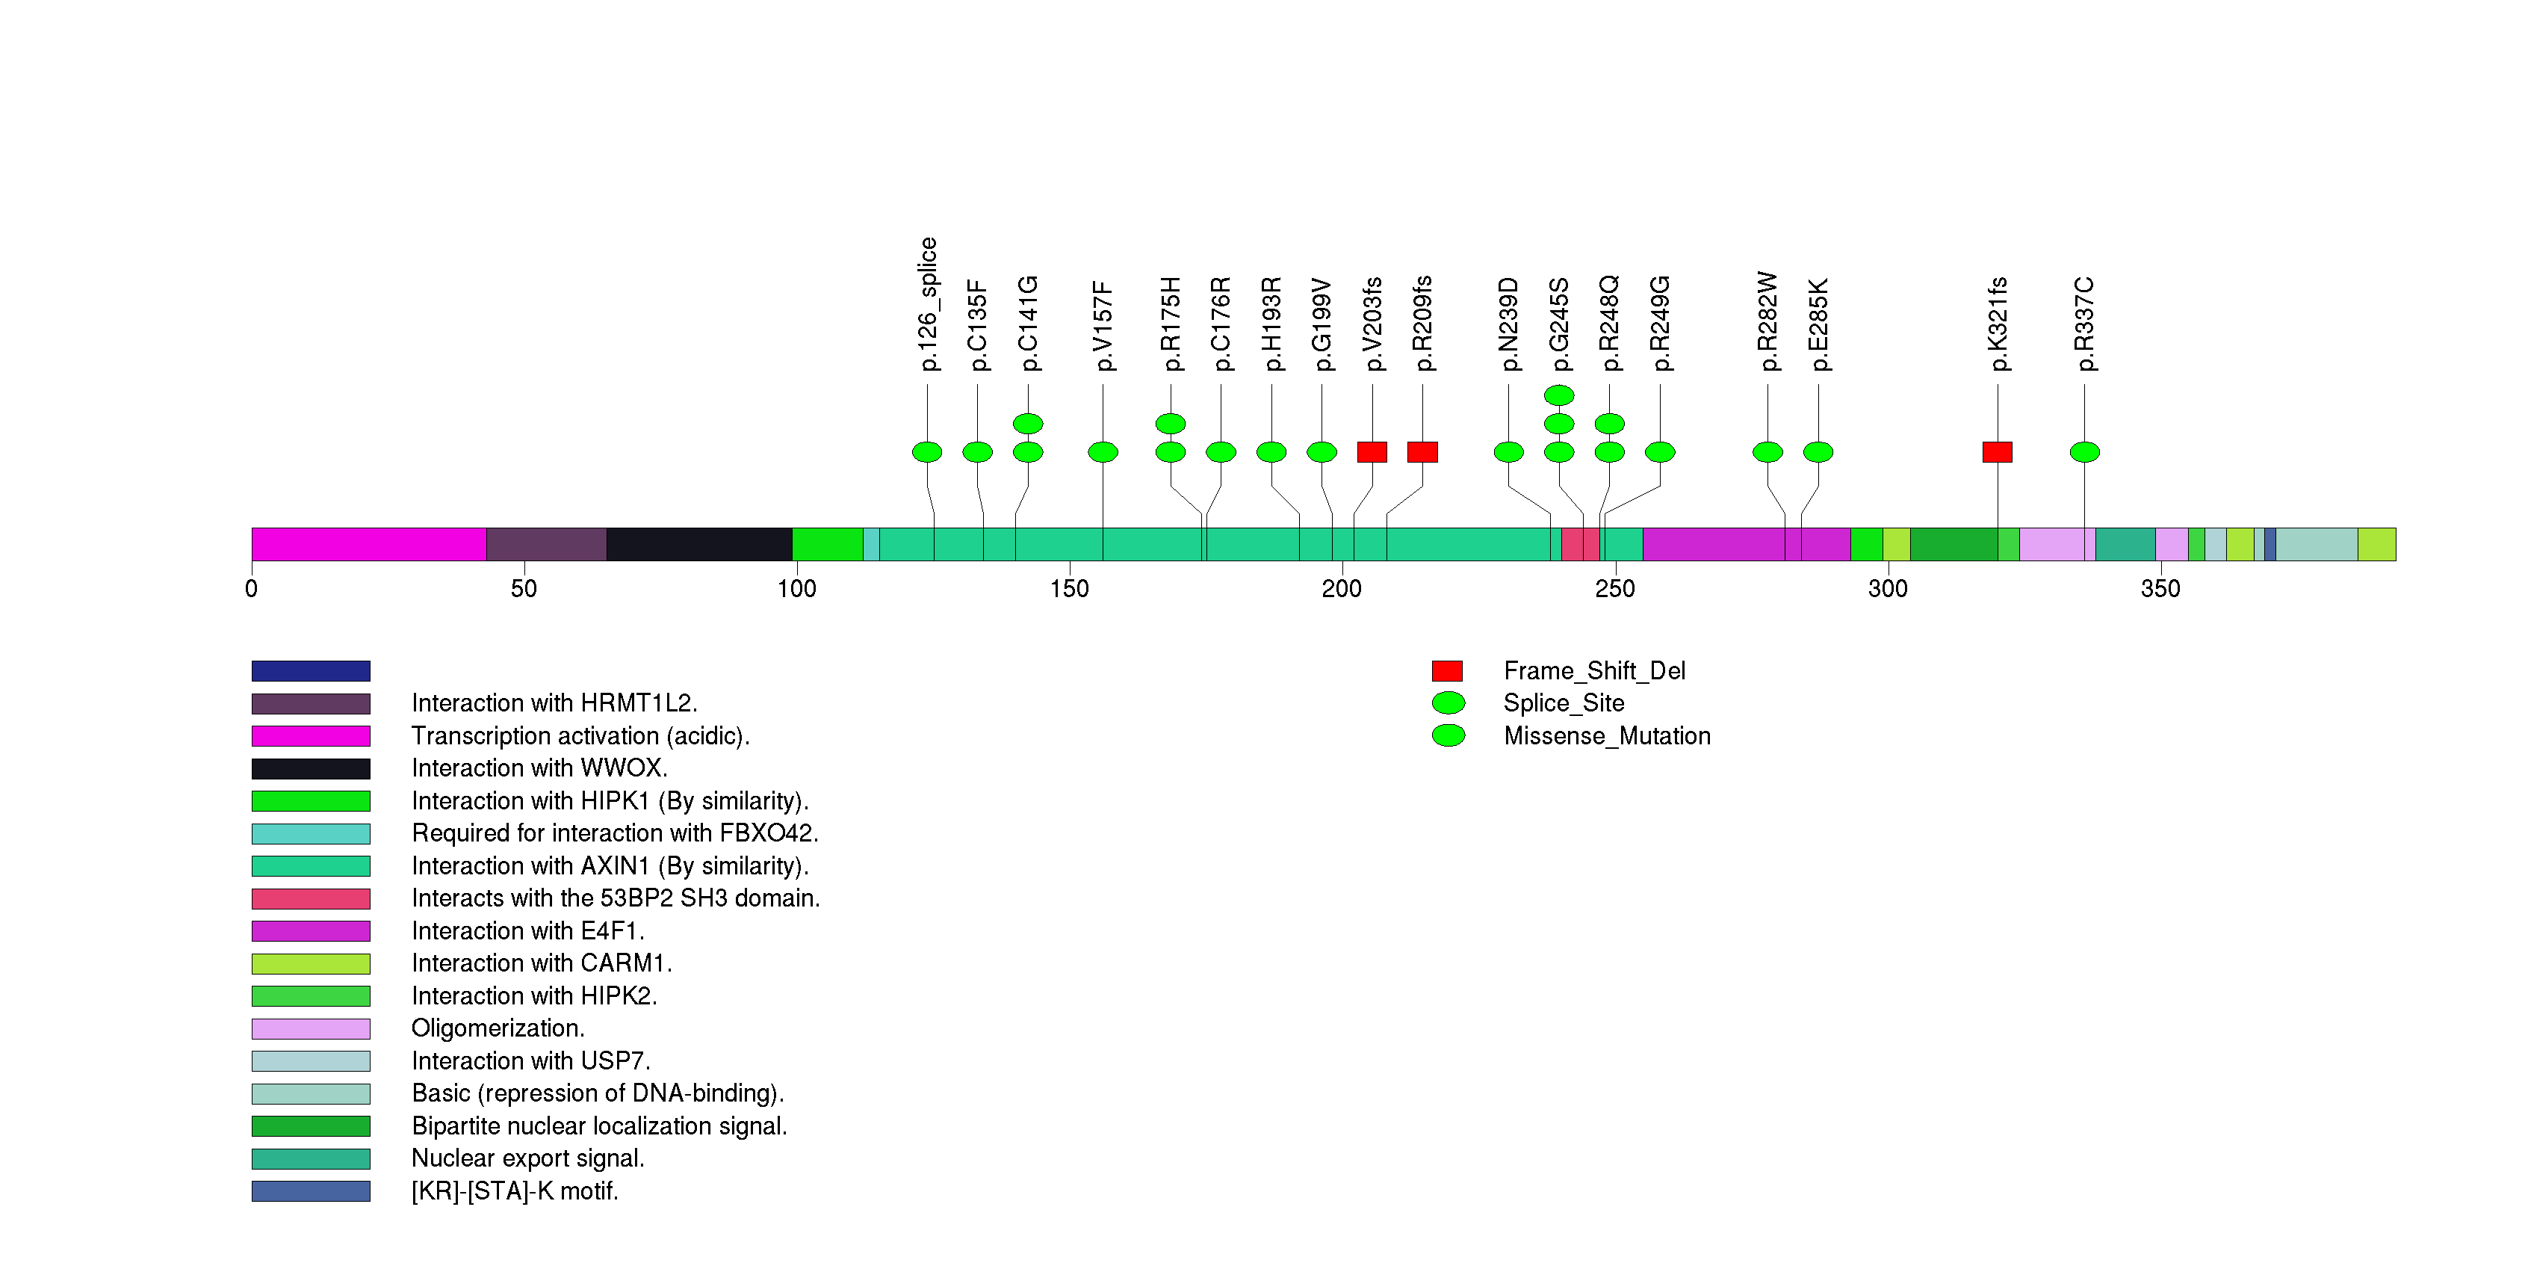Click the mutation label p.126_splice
928,304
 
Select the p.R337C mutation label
2084,324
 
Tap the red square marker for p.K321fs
1998,452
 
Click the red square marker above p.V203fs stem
1372,452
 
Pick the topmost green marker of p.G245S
1558,395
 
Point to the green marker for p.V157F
1103,452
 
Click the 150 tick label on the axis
1069,588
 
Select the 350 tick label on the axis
2160,588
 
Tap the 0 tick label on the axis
252,588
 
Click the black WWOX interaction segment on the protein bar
699,544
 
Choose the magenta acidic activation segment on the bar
368,544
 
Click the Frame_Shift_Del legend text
1594,670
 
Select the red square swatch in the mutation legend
1447,670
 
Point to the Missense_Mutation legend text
1607,736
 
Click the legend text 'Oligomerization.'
498,1028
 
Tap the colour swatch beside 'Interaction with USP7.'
310,1061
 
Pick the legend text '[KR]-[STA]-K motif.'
515,1191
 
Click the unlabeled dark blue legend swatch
310,670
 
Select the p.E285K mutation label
1818,325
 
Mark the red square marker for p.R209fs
1422,452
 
